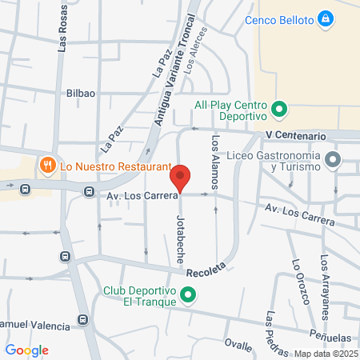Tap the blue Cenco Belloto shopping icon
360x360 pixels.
click(325, 18)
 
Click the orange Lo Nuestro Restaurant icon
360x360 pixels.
click(48, 166)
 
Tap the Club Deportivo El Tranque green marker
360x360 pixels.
click(189, 296)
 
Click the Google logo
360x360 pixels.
click(26, 350)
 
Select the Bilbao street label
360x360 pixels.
click(81, 93)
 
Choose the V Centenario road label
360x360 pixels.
click(296, 136)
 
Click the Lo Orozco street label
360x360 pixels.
click(300, 282)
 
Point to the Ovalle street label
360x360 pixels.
click(238, 345)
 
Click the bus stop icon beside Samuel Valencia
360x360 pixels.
click(82, 322)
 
